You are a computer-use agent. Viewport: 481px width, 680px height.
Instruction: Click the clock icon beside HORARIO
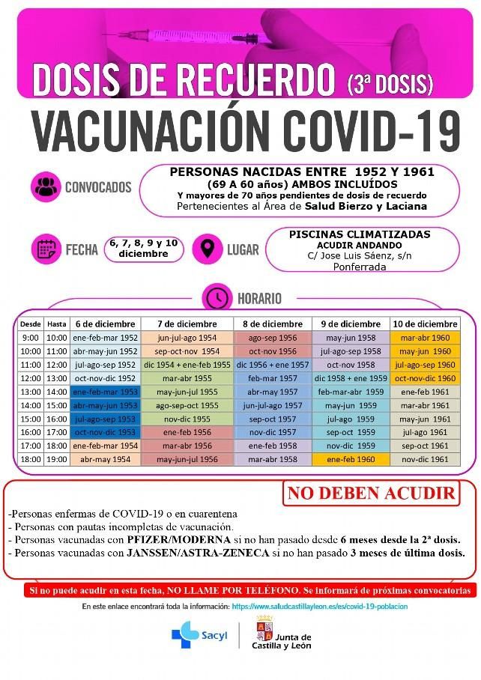point(218,297)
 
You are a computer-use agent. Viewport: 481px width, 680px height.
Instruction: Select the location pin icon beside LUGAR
point(206,248)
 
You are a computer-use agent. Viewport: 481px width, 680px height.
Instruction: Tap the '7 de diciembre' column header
point(187,324)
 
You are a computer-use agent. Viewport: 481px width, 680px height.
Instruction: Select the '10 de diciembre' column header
point(425,324)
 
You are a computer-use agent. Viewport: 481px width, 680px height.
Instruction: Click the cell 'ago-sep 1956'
point(272,337)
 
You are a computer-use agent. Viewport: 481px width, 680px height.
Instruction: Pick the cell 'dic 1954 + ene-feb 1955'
point(187,365)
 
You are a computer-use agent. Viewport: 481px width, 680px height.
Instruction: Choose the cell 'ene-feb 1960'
point(351,458)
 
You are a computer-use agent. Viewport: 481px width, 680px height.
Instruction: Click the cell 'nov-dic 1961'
point(425,458)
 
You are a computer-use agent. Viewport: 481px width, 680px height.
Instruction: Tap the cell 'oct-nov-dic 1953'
point(104,431)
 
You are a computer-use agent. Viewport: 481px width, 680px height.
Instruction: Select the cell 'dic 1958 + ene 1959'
point(351,378)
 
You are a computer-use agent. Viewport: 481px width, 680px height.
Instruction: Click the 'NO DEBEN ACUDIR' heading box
point(371,494)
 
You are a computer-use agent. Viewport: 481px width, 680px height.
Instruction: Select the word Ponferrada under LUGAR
point(359,267)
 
